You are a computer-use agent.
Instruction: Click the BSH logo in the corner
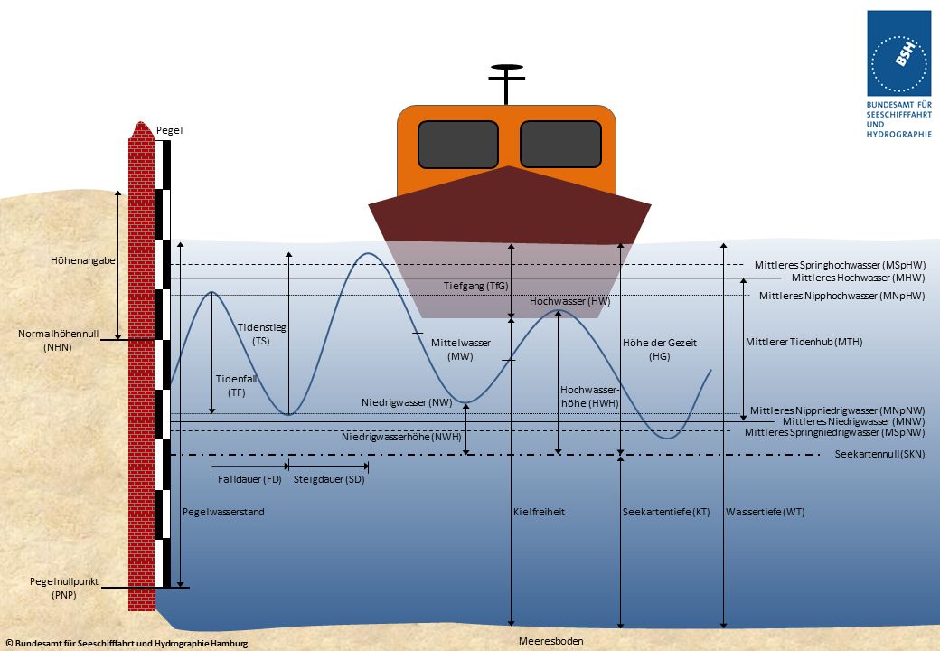point(898,53)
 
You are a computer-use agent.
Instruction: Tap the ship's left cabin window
point(458,145)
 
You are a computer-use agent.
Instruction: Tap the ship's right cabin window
point(560,145)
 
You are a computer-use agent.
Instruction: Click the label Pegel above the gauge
point(169,131)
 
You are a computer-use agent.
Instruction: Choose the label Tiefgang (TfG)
point(476,286)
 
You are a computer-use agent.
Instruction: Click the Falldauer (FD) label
point(249,479)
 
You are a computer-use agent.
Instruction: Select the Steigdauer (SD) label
point(329,479)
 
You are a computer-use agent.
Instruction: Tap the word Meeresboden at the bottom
point(550,641)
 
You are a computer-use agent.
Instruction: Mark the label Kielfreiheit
point(539,512)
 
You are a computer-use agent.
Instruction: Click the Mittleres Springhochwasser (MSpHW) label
point(839,265)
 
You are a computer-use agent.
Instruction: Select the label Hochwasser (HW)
point(563,301)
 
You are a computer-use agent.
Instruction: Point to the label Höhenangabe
point(83,261)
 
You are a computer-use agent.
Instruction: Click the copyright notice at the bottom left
point(127,643)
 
